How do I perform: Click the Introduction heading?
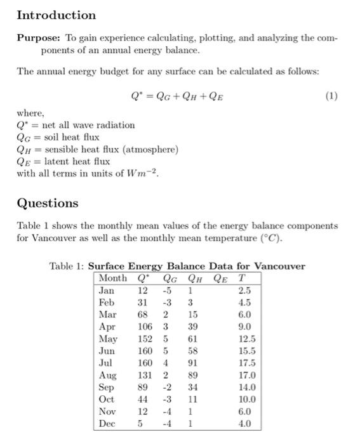coord(56,15)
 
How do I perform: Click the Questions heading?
coord(48,203)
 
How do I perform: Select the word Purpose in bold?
coord(37,37)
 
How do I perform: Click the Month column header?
coord(113,278)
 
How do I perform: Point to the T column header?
coord(241,278)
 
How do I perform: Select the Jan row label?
coord(107,290)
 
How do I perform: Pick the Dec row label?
coord(107,424)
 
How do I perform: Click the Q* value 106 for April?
coord(145,327)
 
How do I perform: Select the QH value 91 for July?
coord(193,363)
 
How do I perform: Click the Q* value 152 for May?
coord(145,339)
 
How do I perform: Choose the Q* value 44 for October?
coord(143,400)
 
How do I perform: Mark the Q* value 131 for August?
coord(145,375)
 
